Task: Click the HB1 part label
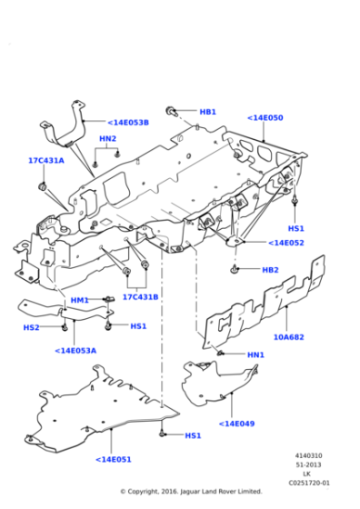[x=208, y=112]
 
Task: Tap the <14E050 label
[x=265, y=117]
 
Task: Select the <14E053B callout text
[x=128, y=123]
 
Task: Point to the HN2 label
[x=107, y=138]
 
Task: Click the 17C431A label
[x=46, y=160]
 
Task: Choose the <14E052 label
[x=286, y=243]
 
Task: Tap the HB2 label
[x=270, y=270]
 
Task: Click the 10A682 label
[x=289, y=337]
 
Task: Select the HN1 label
[x=255, y=354]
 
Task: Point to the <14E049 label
[x=236, y=424]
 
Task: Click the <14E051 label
[x=114, y=459]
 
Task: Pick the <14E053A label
[x=75, y=351]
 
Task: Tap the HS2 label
[x=31, y=327]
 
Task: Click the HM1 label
[x=79, y=300]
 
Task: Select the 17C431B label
[x=140, y=297]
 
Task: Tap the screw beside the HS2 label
[x=65, y=327]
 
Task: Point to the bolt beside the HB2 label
[x=235, y=269]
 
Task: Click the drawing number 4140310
[x=308, y=455]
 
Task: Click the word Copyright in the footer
[x=143, y=492]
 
